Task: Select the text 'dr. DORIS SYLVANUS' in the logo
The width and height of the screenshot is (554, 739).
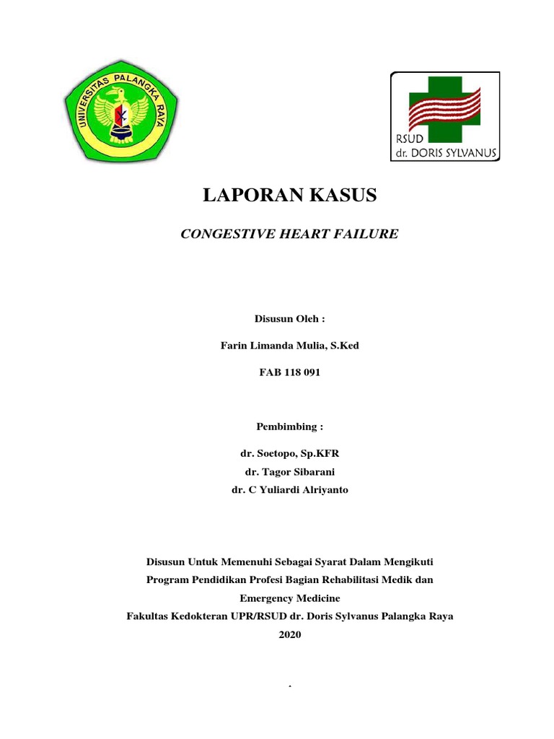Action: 445,152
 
